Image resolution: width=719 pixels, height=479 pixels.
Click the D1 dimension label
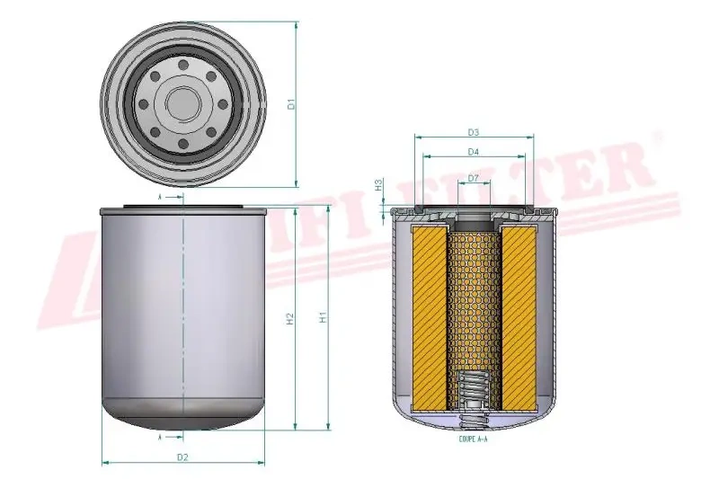pos(290,104)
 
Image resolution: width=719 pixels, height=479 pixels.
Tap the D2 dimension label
pos(182,457)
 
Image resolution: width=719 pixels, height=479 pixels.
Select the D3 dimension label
pos(473,132)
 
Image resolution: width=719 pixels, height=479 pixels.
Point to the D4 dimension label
pos(473,152)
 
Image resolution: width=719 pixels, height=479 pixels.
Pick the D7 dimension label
pos(473,179)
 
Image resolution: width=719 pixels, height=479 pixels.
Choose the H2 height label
pos(289,319)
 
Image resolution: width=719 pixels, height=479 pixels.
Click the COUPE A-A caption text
pos(473,439)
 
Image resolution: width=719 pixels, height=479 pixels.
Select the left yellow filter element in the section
pos(429,315)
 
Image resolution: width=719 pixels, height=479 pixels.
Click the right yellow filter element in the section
pos(518,315)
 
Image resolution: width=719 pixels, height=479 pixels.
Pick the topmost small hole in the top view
pos(182,65)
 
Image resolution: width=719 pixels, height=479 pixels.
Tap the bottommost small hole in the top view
pos(182,145)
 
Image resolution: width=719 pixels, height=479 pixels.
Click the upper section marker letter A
pos(159,195)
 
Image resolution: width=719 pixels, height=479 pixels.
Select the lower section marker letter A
pos(159,438)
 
